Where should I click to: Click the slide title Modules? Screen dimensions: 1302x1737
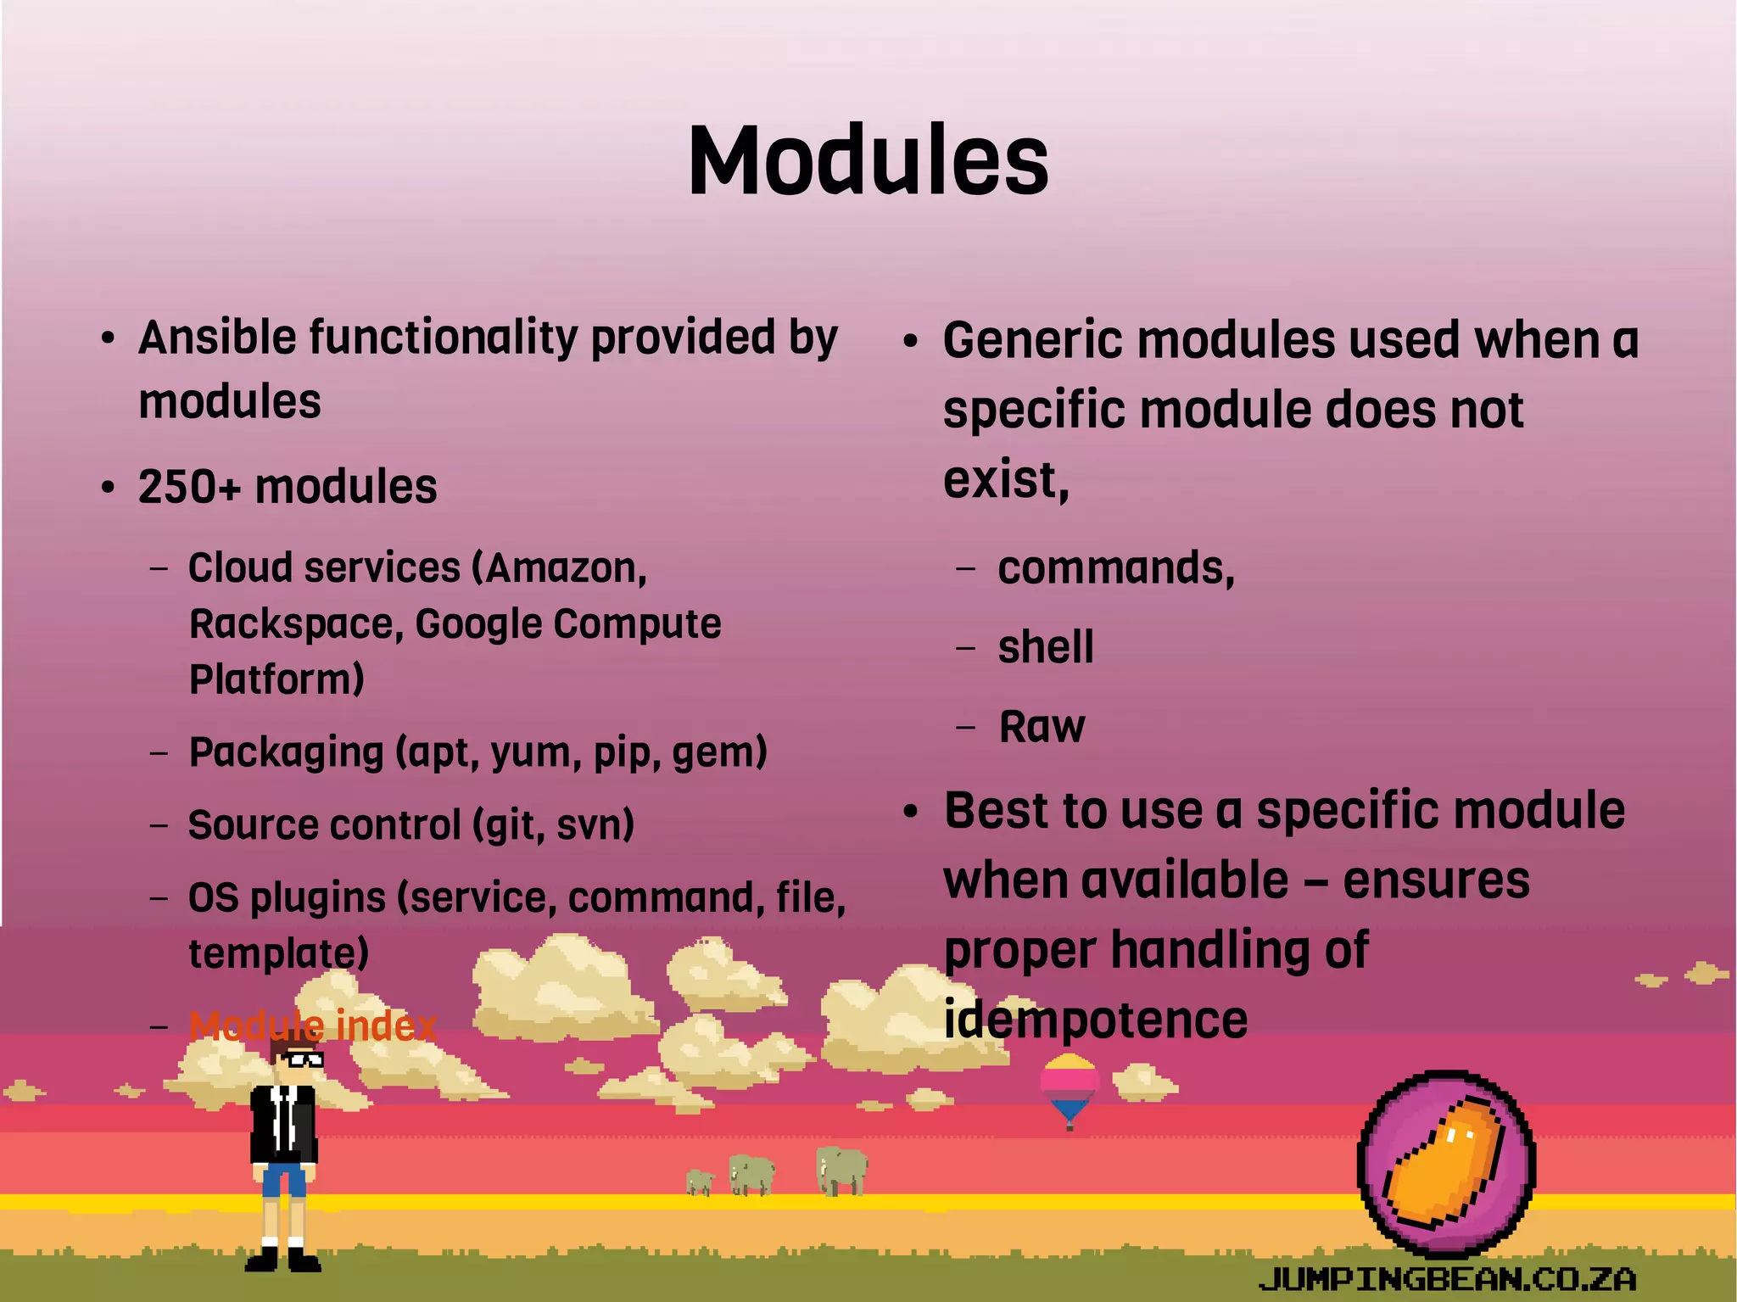point(868,161)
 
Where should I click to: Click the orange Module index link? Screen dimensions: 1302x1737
point(312,1026)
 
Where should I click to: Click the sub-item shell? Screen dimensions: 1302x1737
point(1045,647)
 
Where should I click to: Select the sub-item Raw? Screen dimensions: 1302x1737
point(1042,727)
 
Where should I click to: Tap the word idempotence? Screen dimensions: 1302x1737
point(1095,1020)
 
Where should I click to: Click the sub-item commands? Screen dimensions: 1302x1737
point(1115,568)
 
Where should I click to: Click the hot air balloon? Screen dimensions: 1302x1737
point(1070,1086)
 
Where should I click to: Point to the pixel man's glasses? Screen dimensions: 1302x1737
point(304,1059)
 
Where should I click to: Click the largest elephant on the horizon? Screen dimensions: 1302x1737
point(841,1171)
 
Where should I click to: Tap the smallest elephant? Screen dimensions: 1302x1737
point(700,1182)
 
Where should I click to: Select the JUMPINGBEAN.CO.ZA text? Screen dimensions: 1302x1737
point(1446,1278)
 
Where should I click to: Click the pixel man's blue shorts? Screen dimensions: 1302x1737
point(283,1179)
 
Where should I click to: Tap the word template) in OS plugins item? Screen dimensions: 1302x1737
point(278,953)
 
